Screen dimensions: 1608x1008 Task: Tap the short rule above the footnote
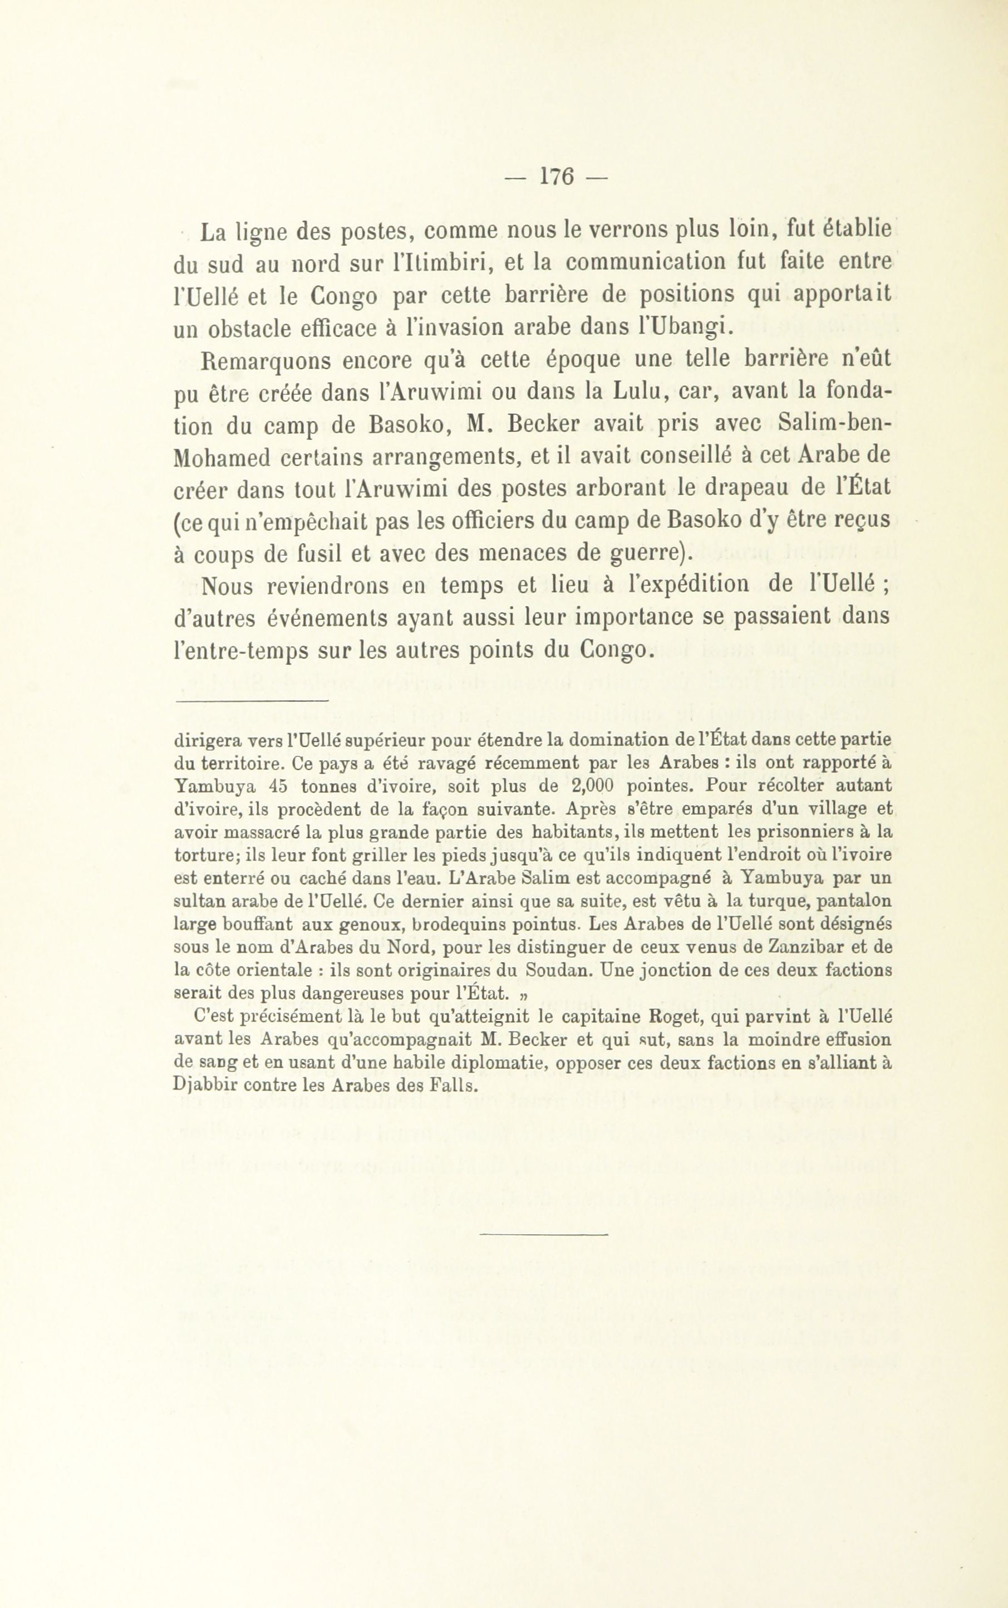pyautogui.click(x=252, y=701)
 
